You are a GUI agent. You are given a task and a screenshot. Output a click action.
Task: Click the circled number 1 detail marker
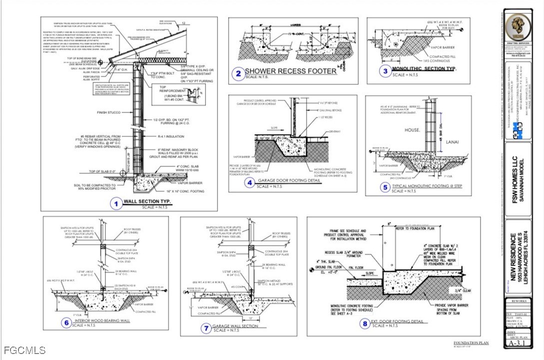click(116, 203)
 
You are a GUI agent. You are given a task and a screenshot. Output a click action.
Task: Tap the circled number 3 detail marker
click(385, 71)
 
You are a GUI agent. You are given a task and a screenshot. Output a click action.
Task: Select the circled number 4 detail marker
click(250, 183)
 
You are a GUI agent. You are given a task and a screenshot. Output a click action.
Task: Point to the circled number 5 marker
click(385, 188)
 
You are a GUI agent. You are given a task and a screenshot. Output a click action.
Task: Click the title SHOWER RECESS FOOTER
click(290, 71)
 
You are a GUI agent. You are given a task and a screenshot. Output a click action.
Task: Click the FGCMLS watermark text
click(23, 351)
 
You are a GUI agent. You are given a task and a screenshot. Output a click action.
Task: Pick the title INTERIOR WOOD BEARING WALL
click(102, 321)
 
